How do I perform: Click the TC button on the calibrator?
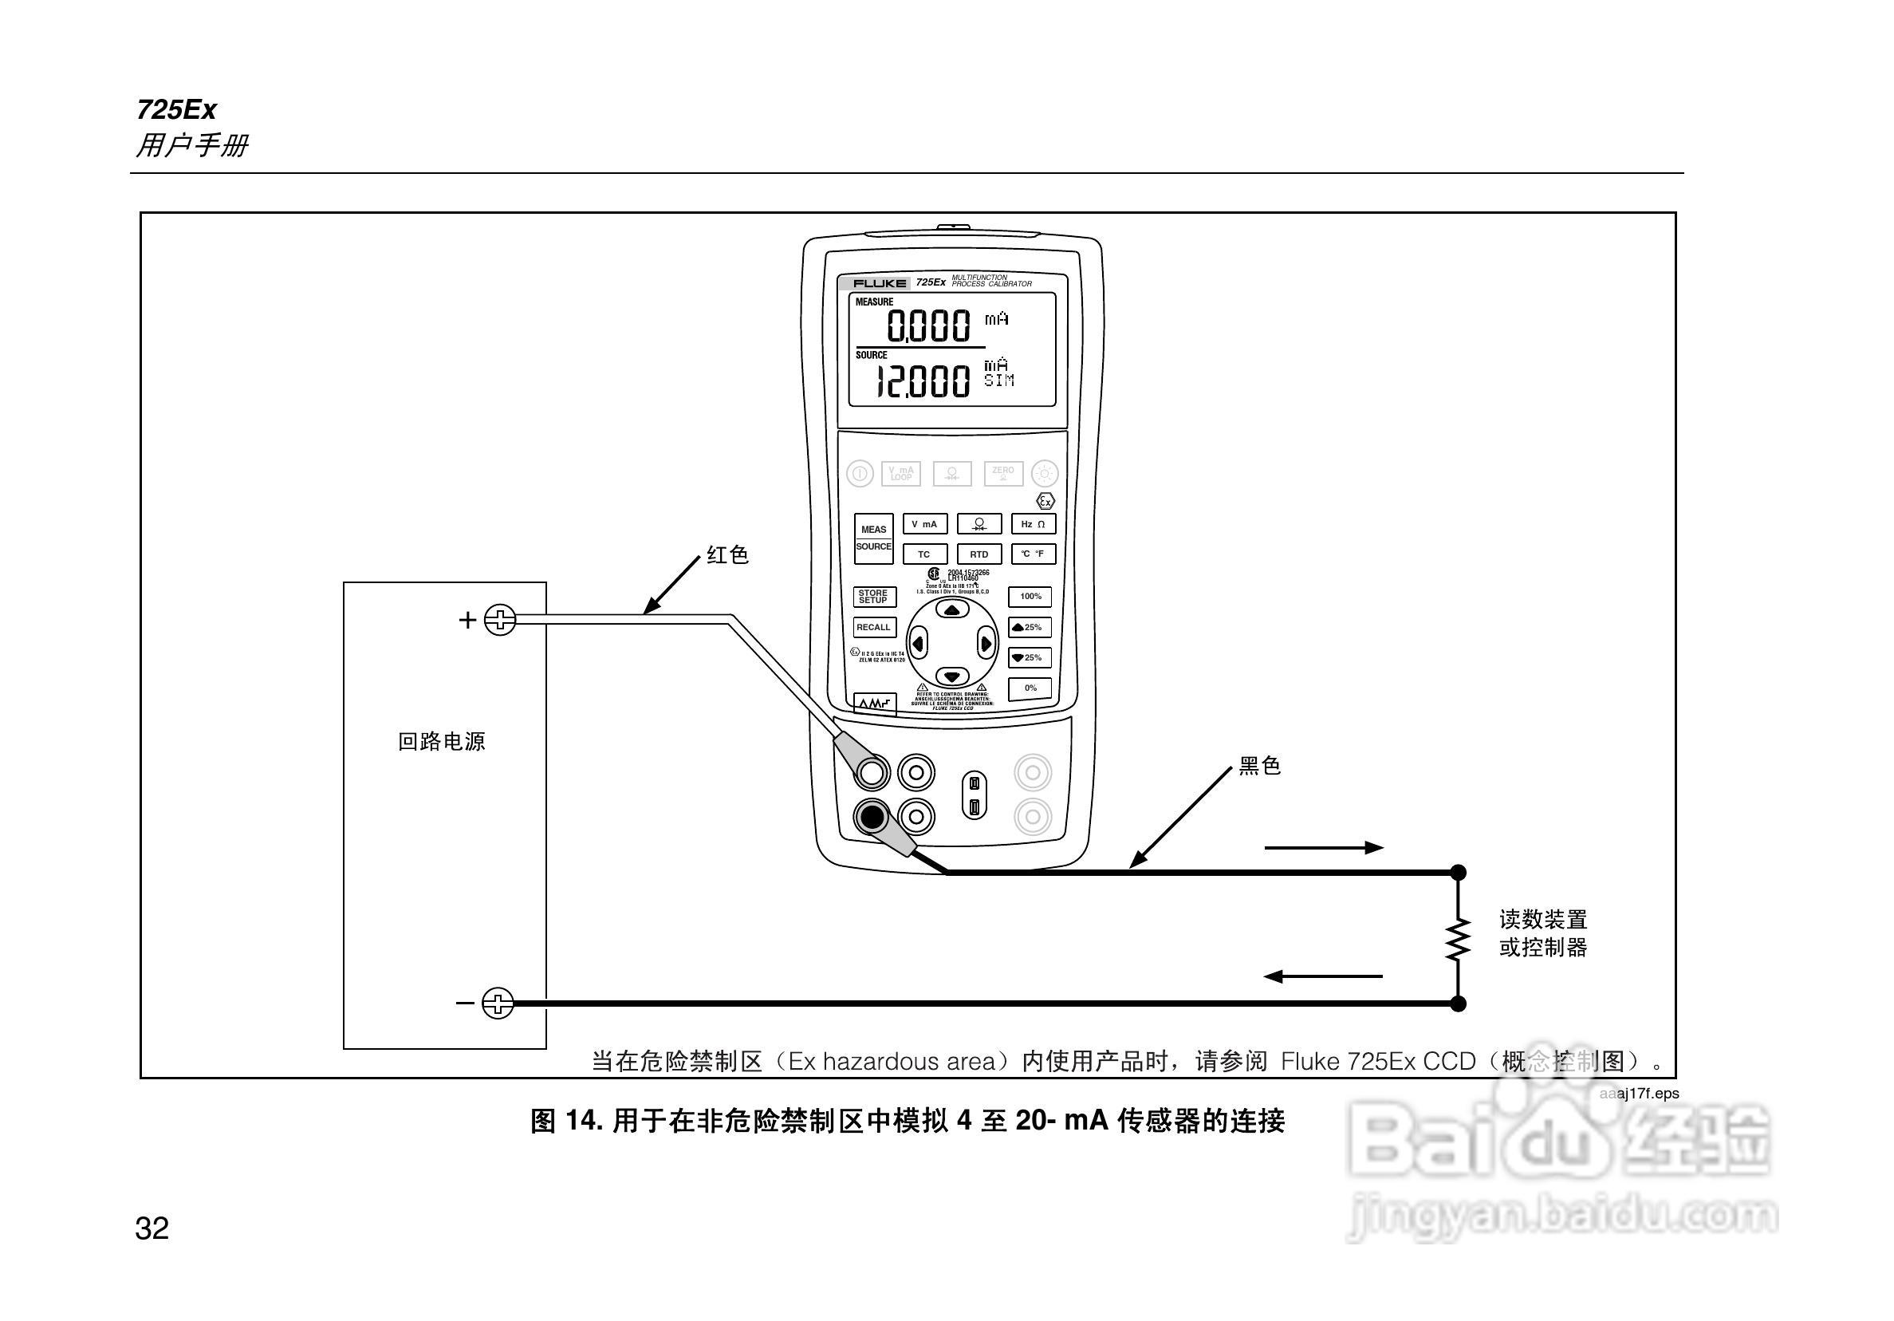point(924,554)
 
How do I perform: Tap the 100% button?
point(1030,597)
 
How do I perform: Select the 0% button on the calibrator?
point(1030,688)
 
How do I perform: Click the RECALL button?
point(873,627)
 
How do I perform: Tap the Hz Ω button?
point(1033,524)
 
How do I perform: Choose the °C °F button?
point(1033,554)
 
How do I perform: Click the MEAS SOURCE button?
point(873,538)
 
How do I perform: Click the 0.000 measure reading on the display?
point(929,325)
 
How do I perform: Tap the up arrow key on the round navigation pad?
point(952,610)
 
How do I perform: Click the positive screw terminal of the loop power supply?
point(500,620)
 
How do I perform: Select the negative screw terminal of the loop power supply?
point(498,1004)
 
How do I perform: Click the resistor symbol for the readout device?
point(1458,938)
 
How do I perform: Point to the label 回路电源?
point(441,742)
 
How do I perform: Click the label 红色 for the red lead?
point(727,555)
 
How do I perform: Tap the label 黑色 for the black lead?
point(1260,767)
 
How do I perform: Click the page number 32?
point(152,1228)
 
